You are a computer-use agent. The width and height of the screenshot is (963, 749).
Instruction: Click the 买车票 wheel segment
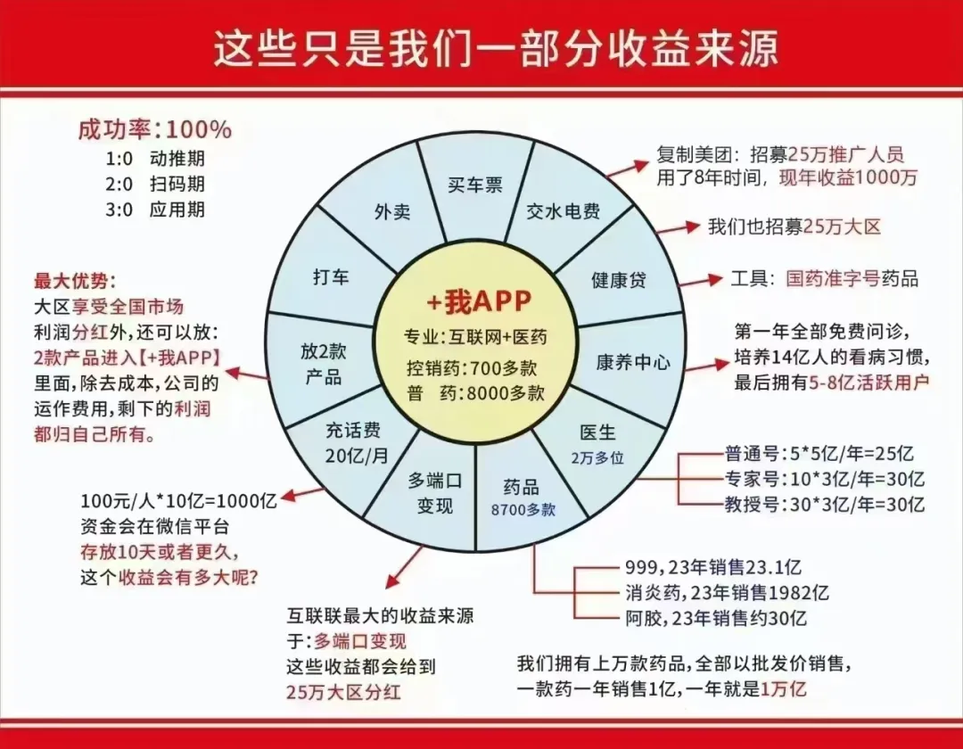[475, 185]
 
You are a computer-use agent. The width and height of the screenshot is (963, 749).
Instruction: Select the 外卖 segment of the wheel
[391, 212]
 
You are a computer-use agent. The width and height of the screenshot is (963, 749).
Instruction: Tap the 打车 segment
[331, 276]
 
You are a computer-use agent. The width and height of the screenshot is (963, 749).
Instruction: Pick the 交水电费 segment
[564, 212]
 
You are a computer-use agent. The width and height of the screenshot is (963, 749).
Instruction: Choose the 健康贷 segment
[618, 280]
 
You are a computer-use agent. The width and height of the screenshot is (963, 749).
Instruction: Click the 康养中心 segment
[632, 363]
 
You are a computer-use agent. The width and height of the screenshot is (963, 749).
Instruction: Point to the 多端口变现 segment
[434, 492]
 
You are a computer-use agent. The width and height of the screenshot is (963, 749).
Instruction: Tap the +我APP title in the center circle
[478, 303]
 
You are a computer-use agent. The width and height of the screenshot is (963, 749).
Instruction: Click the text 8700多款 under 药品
[523, 510]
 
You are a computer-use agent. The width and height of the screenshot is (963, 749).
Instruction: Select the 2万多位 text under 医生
[597, 455]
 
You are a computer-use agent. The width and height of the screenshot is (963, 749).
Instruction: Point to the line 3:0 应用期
[155, 210]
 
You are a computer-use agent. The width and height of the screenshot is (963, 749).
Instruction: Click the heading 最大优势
[75, 281]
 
